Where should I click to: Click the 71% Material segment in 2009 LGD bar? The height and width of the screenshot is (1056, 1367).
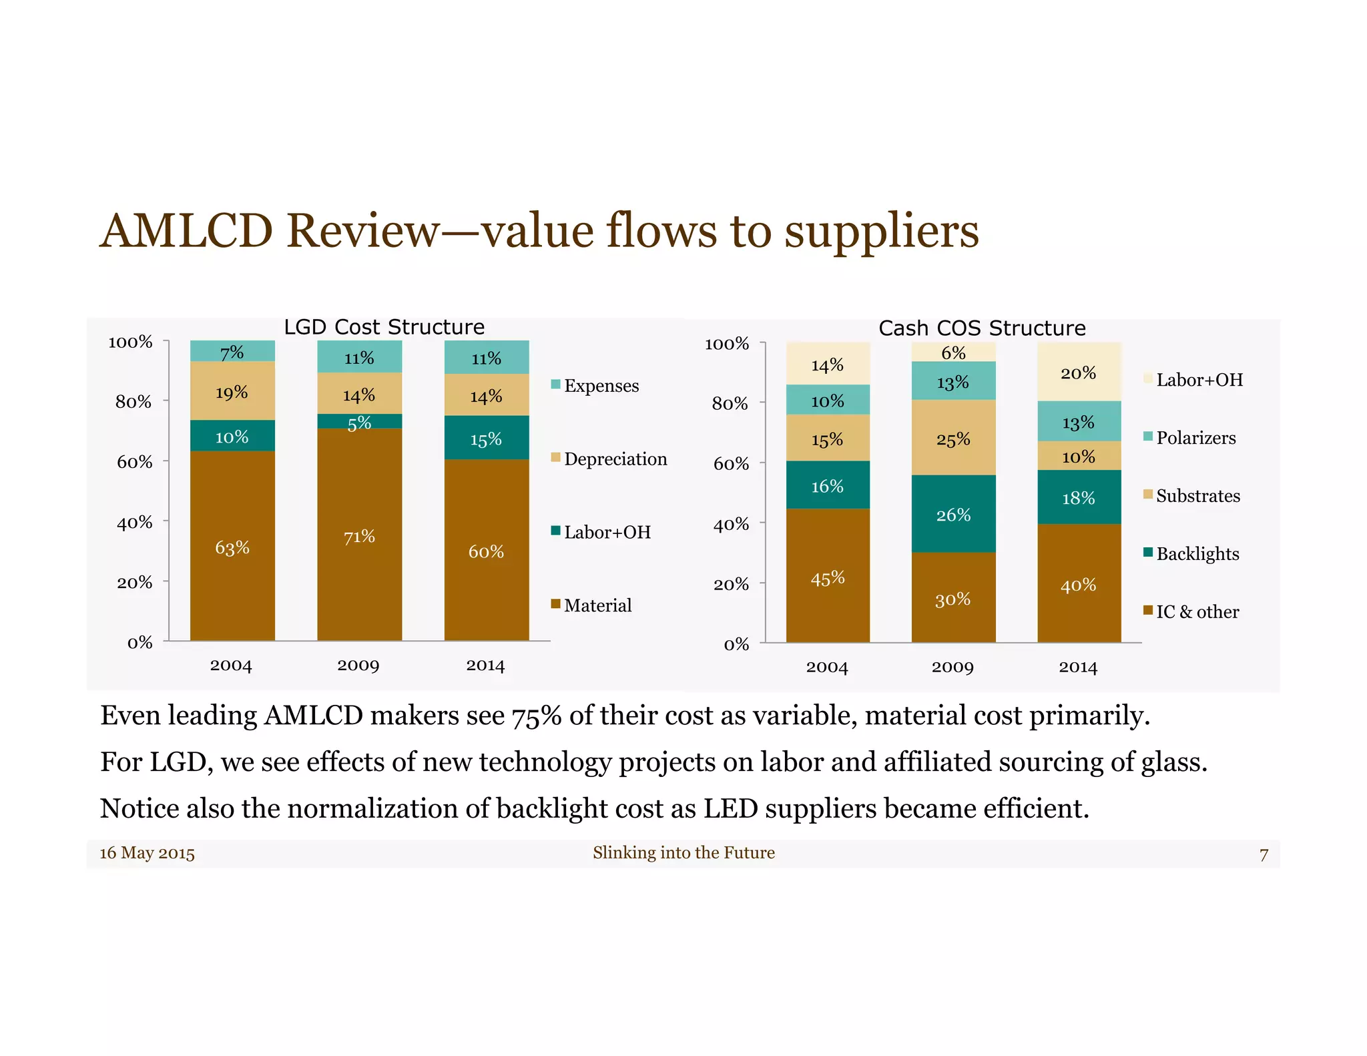click(x=359, y=534)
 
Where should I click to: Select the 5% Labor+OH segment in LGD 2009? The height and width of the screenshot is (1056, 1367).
click(x=359, y=421)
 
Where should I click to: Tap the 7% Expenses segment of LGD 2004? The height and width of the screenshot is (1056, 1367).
click(x=232, y=351)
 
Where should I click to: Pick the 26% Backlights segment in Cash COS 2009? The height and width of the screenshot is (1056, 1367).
click(x=953, y=513)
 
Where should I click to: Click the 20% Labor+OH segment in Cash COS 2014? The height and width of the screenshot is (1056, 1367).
click(x=1079, y=372)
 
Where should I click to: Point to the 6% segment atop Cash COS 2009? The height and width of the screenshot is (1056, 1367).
click(x=953, y=352)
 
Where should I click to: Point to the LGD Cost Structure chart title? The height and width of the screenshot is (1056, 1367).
click(x=384, y=327)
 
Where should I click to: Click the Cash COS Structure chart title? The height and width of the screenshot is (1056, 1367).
click(x=982, y=328)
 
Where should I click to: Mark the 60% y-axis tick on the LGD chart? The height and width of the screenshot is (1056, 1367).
click(x=135, y=462)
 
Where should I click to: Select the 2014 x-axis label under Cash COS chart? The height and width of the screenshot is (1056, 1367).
click(x=1078, y=668)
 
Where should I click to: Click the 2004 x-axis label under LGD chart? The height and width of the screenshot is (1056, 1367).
click(x=231, y=666)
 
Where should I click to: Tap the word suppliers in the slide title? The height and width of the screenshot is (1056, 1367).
click(x=881, y=232)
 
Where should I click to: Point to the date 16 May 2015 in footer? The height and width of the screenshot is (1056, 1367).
click(x=148, y=853)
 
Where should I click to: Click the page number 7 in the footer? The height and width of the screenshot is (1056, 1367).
click(x=1264, y=854)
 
